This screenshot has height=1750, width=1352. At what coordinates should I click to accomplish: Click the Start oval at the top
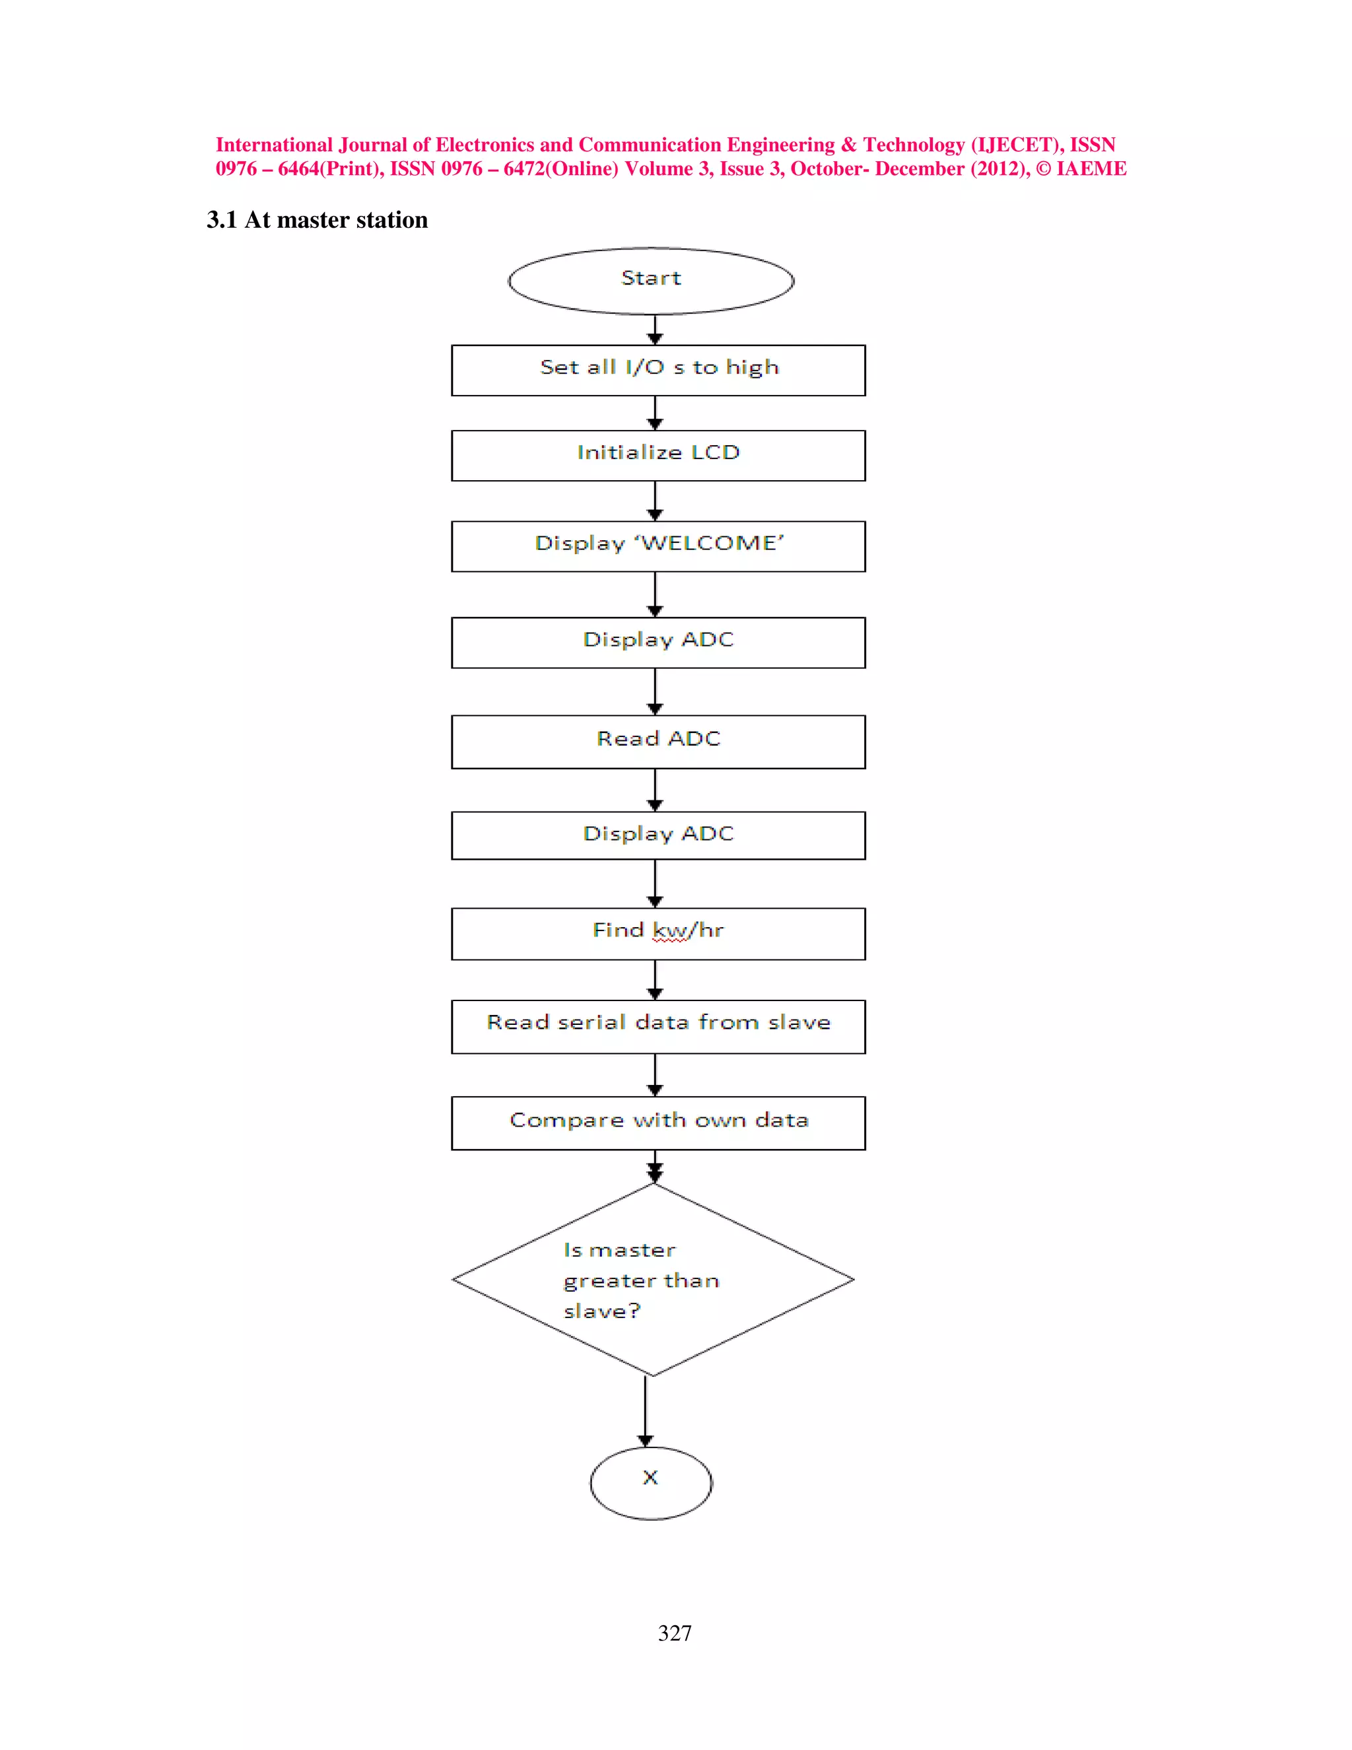click(x=650, y=281)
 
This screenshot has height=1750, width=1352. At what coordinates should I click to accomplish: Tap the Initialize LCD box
click(x=658, y=455)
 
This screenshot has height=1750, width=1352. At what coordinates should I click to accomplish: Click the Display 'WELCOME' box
click(x=658, y=545)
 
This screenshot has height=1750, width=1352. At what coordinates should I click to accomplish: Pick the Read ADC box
click(x=658, y=741)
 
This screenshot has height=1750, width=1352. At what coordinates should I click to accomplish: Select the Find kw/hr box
click(x=658, y=934)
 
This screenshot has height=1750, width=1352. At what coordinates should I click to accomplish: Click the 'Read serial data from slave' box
click(x=658, y=1026)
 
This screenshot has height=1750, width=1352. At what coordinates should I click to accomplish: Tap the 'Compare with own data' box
click(x=658, y=1123)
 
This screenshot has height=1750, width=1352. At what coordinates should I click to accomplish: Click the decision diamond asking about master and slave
click(x=653, y=1280)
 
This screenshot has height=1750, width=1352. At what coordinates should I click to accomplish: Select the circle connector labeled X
click(x=650, y=1483)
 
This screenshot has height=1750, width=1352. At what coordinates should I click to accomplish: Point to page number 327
click(x=675, y=1633)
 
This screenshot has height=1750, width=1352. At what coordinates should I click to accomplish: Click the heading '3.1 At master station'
click(x=317, y=219)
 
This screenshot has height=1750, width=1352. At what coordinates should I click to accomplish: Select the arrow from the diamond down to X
click(x=645, y=1412)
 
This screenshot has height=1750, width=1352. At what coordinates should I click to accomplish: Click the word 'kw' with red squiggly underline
click(x=669, y=931)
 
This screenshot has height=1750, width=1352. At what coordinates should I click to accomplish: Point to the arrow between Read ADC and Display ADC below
click(x=654, y=790)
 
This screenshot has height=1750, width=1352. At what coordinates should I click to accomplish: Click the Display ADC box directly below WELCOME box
click(x=658, y=642)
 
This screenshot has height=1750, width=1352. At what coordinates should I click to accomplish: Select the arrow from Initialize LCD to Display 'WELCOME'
click(x=654, y=501)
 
